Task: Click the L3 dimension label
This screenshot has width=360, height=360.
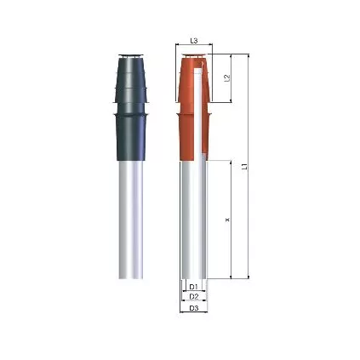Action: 194,40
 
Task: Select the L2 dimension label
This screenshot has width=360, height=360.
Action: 227,78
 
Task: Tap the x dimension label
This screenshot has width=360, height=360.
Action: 227,220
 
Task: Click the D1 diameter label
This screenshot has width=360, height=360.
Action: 194,286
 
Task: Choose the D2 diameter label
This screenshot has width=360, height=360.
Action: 194,296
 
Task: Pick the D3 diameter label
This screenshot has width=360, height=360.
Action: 194,307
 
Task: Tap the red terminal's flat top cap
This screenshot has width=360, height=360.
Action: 195,58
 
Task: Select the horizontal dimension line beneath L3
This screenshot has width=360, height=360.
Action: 195,48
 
